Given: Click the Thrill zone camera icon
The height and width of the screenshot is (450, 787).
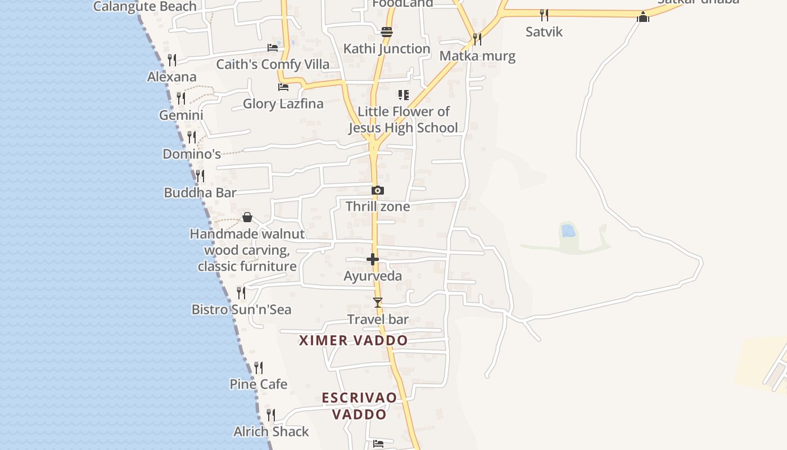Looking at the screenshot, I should (378, 191).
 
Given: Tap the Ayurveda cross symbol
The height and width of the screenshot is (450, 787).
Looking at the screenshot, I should (372, 259).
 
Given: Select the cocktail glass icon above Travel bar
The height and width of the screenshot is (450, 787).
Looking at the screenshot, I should (378, 303).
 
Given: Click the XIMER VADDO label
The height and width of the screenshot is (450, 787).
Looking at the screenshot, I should (353, 340).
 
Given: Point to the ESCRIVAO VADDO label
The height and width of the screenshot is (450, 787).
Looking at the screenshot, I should (359, 406).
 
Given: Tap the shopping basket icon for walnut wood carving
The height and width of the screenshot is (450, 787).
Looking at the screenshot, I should (247, 217).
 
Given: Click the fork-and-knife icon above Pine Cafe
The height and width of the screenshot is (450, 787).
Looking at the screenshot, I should (259, 368).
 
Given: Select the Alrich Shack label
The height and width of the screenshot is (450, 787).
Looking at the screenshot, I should (271, 431).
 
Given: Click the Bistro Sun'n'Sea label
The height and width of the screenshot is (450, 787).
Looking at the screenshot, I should (241, 309).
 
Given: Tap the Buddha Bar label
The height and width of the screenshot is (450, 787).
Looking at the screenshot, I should (200, 192).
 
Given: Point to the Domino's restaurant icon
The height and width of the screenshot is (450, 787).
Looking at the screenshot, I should (192, 137).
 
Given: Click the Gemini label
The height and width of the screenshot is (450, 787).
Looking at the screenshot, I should (181, 115).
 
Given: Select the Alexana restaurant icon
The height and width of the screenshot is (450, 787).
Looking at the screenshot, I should (172, 60).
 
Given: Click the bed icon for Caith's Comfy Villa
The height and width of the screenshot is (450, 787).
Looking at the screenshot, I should (273, 48).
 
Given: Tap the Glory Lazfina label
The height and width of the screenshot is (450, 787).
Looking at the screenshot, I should (283, 103).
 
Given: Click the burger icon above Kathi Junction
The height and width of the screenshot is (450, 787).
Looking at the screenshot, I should (386, 32).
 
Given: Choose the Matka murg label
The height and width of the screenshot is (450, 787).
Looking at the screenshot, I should (477, 56).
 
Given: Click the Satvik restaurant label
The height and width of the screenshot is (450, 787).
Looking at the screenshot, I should (544, 31).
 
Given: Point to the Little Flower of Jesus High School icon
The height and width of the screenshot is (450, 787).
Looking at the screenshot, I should (403, 94).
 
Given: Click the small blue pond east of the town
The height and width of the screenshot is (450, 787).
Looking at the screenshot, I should (568, 230).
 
